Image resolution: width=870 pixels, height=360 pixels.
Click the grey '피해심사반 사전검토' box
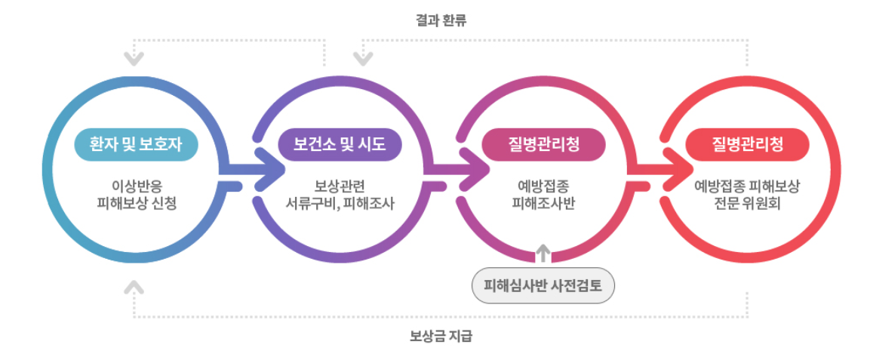point(543,287)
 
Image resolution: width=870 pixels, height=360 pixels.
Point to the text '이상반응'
point(136,186)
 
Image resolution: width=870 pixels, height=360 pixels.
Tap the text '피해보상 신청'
point(136,203)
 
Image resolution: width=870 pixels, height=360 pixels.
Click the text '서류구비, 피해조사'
point(340,203)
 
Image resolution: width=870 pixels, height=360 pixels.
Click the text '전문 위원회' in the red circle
point(747,203)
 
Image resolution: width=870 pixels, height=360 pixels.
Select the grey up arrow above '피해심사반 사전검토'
point(543,252)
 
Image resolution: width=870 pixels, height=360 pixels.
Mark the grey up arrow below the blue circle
point(134,286)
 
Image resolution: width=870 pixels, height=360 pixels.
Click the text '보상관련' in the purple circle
point(340,186)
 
